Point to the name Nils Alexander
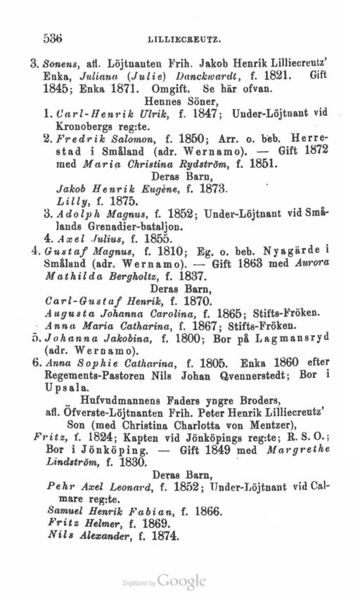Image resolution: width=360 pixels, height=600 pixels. coord(89,535)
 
